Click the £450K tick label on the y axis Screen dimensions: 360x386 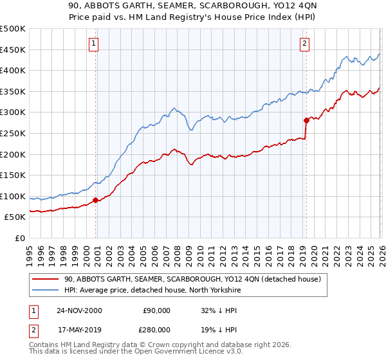[13, 50]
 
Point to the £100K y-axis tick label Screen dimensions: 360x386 [13, 197]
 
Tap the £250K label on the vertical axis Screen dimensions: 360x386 [13, 134]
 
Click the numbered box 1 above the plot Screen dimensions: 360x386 [94, 44]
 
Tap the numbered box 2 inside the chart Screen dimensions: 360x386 [304, 44]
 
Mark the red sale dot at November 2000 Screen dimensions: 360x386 [96, 200]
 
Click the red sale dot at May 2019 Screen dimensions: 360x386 [306, 120]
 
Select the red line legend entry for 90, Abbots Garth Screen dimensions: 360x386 [196, 279]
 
